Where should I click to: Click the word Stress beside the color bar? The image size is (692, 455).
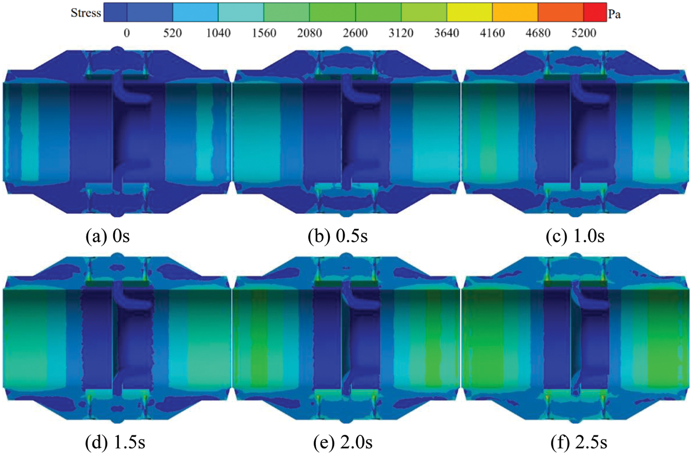click(85, 13)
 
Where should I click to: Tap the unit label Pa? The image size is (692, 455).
click(614, 14)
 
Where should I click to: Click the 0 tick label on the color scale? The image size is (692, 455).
click(126, 33)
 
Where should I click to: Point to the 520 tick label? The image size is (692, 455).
click(173, 33)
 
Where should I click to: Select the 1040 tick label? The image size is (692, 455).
click(218, 33)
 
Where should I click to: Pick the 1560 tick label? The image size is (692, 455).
click(264, 33)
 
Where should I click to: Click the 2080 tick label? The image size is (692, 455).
click(309, 33)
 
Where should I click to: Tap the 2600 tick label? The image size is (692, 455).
click(355, 33)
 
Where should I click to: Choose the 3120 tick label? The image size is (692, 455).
click(401, 33)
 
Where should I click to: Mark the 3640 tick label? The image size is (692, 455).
click(447, 33)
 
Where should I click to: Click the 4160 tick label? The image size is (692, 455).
click(492, 33)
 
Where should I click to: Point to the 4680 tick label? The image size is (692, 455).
click(538, 33)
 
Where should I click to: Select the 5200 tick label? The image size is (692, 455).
click(584, 33)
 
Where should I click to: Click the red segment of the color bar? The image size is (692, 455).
click(595, 12)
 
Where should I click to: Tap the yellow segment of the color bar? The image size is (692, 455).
click(470, 12)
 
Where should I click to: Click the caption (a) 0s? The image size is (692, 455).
click(107, 236)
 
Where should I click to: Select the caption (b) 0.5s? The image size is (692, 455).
click(338, 236)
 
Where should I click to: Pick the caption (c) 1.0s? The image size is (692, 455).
click(575, 236)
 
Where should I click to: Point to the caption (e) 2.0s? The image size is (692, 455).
click(343, 443)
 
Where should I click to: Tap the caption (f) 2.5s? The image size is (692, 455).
click(579, 443)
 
